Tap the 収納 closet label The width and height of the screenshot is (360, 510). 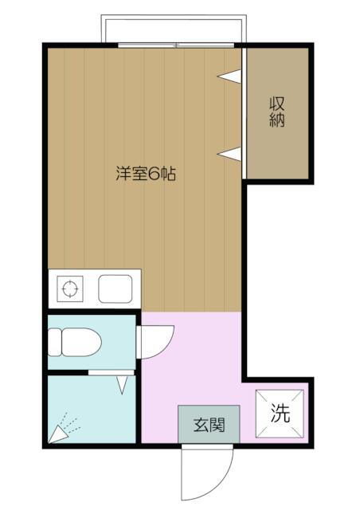pos(277,112)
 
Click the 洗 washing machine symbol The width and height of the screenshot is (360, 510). pos(280,414)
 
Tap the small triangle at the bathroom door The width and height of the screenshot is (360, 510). pos(123,386)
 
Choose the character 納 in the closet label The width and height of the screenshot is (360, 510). pos(277,121)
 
